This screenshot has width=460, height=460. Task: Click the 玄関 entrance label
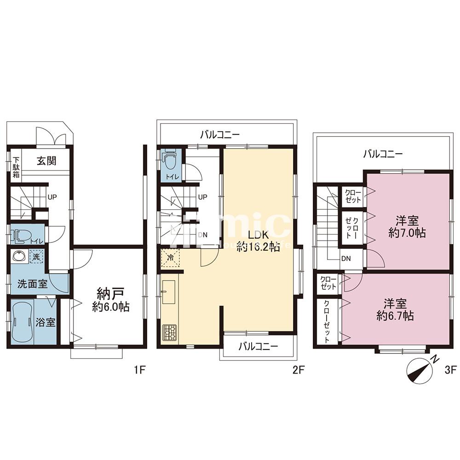point(46,161)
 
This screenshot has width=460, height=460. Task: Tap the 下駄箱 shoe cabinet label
point(16,168)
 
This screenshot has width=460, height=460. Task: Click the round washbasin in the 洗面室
point(19,257)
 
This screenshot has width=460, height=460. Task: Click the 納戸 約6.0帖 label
point(110,299)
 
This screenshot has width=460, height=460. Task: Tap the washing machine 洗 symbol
point(36,257)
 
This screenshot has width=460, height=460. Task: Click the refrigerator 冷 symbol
point(170,258)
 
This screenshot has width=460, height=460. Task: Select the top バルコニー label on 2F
point(220,135)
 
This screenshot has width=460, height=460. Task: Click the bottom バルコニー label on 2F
point(258,347)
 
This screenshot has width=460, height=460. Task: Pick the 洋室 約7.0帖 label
point(407,226)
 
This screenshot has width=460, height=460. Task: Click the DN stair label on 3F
point(346,259)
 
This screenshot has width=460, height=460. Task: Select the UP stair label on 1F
point(52,197)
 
